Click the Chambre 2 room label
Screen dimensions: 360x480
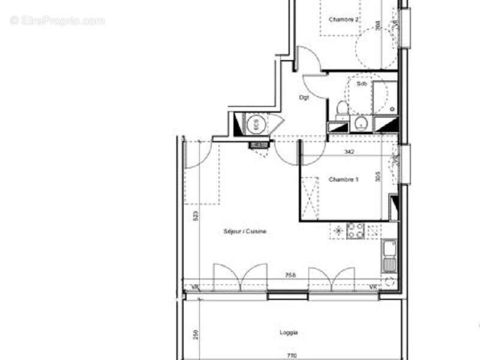click(344, 19)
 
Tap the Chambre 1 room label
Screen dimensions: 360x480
click(344, 179)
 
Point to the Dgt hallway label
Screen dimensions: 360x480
click(304, 97)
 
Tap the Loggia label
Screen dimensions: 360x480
click(289, 332)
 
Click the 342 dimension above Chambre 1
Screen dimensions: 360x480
click(349, 152)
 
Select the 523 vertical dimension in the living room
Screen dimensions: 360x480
click(196, 216)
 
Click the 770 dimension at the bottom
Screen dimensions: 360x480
click(291, 356)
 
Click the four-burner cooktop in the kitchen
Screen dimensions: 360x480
click(356, 231)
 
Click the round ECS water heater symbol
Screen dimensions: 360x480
click(254, 125)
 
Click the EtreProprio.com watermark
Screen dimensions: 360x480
click(58, 20)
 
